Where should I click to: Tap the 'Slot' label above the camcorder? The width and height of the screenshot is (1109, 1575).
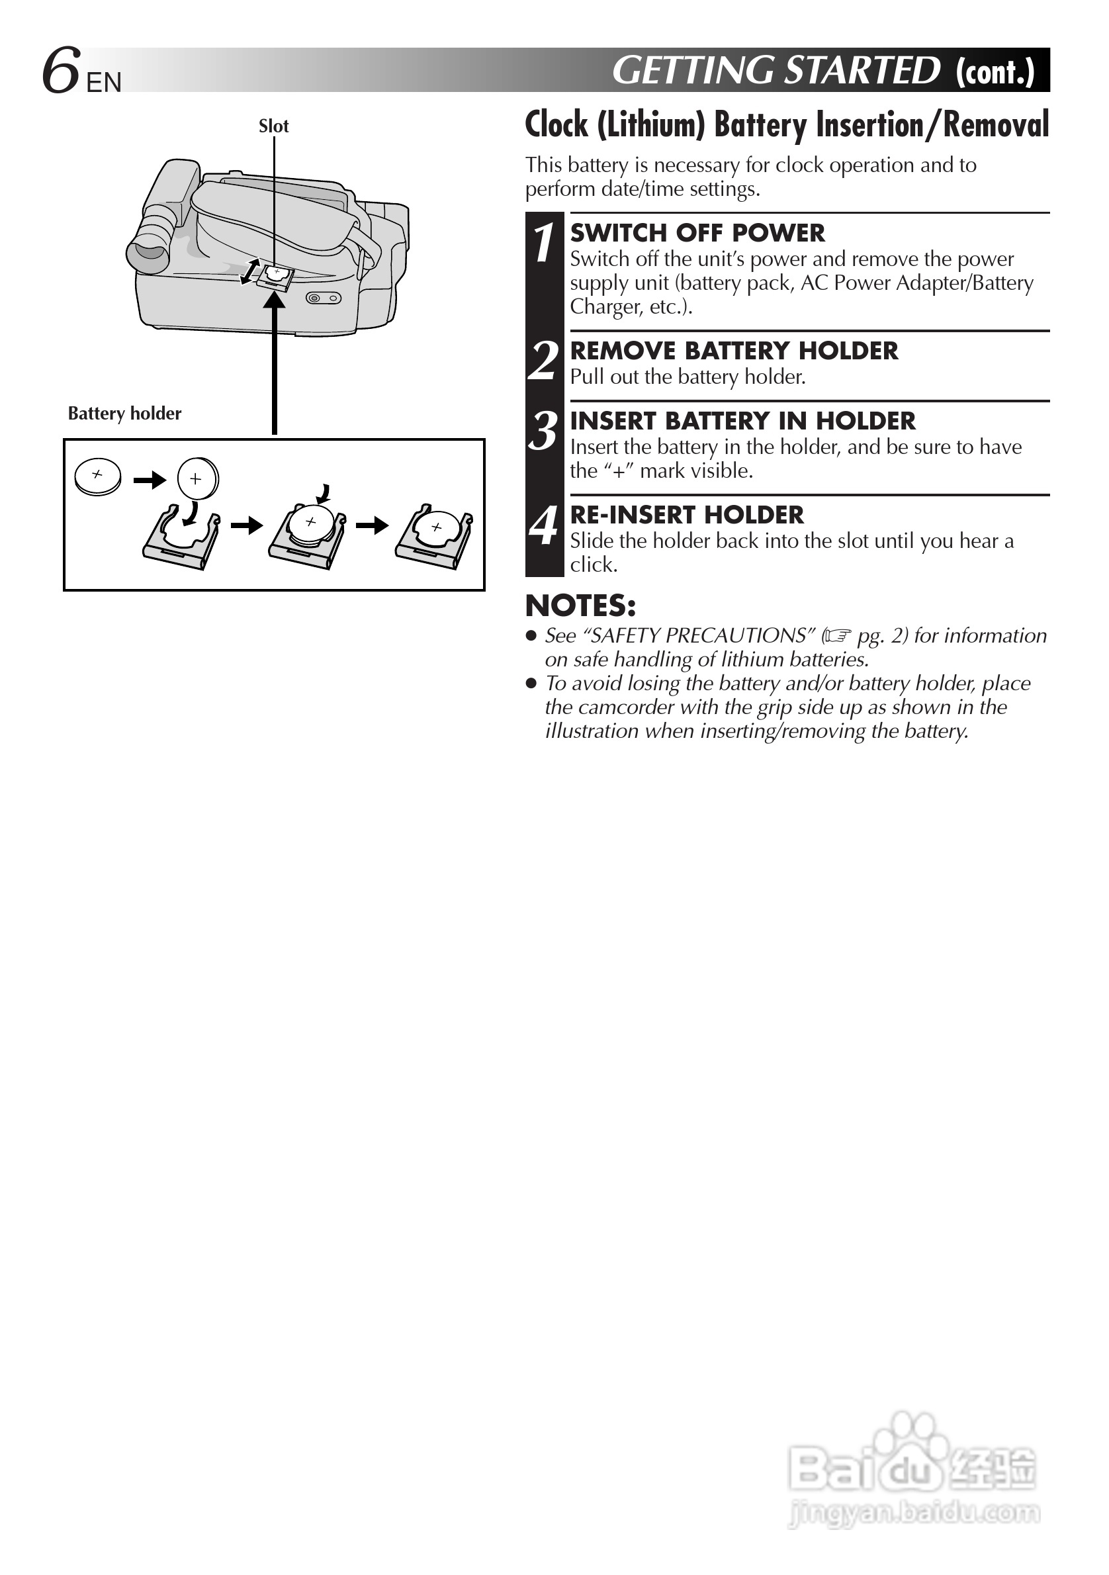click(x=273, y=126)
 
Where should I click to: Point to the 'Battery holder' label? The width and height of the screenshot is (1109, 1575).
click(x=124, y=414)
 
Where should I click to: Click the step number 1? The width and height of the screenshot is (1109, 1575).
click(x=544, y=243)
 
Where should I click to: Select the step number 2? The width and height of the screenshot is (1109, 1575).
click(x=544, y=360)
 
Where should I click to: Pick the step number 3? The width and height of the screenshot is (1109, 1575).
click(x=544, y=431)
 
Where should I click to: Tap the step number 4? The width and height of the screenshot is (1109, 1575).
click(x=544, y=525)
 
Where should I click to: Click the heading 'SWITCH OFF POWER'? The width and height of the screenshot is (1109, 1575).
click(x=697, y=233)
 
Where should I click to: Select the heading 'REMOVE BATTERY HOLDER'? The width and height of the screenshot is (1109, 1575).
click(x=734, y=351)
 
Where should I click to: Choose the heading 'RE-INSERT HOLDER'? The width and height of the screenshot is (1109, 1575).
click(x=687, y=515)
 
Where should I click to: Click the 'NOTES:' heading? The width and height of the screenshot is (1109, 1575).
click(x=580, y=606)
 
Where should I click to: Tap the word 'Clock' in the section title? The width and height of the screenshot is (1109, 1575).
click(x=556, y=125)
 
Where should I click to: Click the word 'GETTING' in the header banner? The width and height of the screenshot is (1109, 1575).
click(x=693, y=71)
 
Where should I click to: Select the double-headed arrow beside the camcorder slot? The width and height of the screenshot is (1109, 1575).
click(x=249, y=271)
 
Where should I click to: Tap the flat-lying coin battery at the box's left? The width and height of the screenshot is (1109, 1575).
click(x=98, y=476)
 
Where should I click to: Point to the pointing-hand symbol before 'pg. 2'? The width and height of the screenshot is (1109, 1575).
click(x=838, y=637)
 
